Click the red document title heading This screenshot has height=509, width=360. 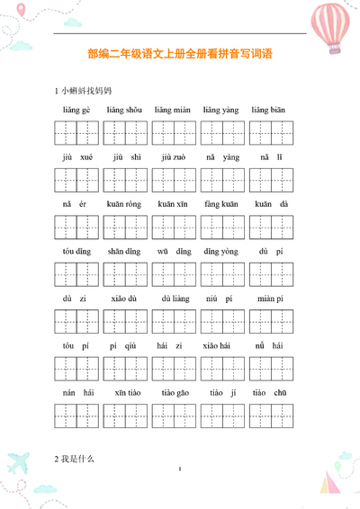(180, 55)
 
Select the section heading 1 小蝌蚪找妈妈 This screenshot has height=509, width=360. (84, 91)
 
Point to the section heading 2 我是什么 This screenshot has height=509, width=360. (74, 459)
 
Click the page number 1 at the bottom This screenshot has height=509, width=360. (180, 469)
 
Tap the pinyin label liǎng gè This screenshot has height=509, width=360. (76, 110)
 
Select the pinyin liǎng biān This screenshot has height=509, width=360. (268, 110)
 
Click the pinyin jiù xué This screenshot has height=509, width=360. (76, 156)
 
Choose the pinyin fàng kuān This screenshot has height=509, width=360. (220, 204)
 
